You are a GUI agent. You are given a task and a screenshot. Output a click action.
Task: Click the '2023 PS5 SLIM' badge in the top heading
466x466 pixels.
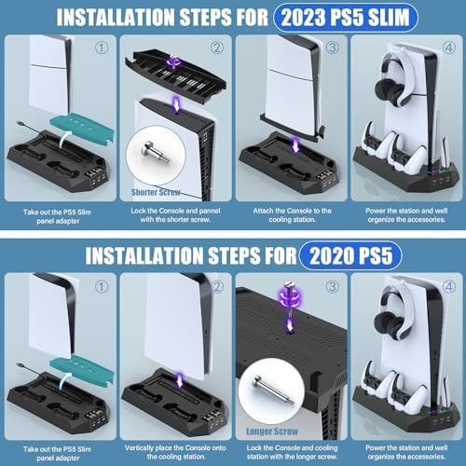click(346, 18)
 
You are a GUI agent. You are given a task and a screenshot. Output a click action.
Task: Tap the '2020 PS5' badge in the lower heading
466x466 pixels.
click(350, 256)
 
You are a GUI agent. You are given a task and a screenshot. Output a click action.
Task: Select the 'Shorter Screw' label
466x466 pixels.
click(156, 192)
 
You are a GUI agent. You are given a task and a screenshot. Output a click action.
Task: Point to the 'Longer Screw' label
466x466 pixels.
click(272, 432)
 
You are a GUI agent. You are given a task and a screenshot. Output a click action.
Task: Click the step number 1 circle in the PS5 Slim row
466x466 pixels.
click(102, 48)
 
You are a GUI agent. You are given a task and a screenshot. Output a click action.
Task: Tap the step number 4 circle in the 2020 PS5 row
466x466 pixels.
click(449, 286)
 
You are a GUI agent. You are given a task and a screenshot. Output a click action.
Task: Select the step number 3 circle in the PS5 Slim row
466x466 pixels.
click(333, 48)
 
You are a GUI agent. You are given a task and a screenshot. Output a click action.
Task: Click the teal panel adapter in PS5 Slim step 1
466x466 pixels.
click(82, 129)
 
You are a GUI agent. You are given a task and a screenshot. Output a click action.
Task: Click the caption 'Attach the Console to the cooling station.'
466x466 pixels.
click(292, 215)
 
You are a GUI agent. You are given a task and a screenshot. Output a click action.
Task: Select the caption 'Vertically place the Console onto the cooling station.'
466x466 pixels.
click(175, 452)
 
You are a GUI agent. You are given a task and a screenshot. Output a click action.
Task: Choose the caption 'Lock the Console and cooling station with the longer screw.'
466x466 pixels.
click(292, 452)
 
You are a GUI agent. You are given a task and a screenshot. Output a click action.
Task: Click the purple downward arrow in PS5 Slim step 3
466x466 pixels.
click(295, 145)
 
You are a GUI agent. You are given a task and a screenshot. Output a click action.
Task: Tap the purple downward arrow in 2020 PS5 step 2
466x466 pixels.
click(179, 380)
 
